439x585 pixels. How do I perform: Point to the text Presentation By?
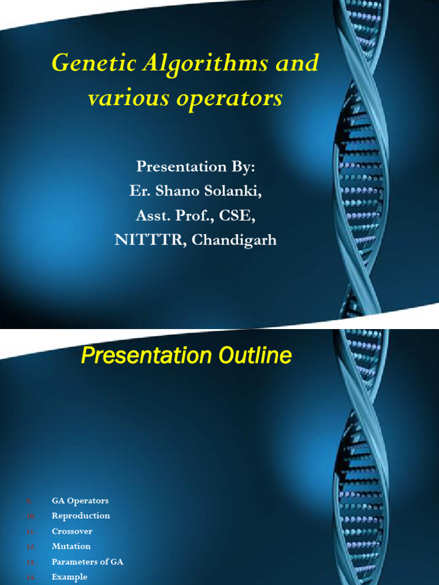195,167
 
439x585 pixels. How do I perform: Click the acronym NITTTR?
150,240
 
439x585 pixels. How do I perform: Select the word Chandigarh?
234,240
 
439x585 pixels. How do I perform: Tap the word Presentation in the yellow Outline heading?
143,356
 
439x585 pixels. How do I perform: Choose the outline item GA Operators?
80,501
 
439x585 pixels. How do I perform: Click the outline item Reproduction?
81,516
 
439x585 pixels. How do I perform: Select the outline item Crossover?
72,531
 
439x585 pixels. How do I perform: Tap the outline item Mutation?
71,546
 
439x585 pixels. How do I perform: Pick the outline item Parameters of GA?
87,562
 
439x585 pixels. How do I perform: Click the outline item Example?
69,577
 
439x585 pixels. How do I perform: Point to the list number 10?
31,516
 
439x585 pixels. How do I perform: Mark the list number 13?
31,562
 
